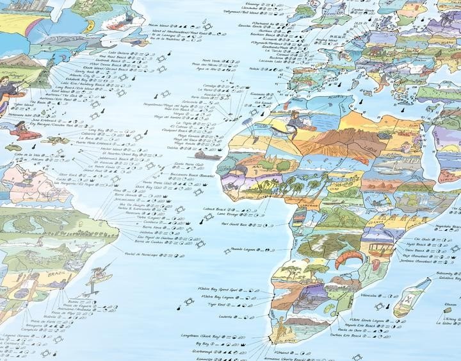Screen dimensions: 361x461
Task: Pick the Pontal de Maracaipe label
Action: pyautogui.click(x=142, y=255)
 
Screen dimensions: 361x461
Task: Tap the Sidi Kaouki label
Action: pyautogui.click(x=264, y=101)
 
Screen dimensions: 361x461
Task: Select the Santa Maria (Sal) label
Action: pyautogui.click(x=187, y=164)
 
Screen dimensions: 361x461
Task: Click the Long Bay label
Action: pyautogui.click(x=96, y=130)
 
